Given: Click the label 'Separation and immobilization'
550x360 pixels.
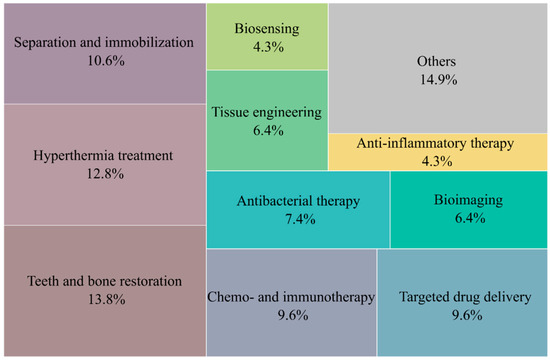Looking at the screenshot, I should pos(102,44).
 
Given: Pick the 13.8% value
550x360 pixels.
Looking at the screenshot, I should pos(102,300).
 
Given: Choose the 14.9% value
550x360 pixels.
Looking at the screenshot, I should pos(437,81).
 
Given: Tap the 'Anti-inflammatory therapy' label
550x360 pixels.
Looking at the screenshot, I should pos(437,143).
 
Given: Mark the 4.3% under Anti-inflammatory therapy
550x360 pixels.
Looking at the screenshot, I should pos(437,161).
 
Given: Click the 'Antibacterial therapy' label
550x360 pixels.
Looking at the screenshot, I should pos(297,200).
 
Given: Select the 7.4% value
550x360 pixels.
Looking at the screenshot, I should pos(297,219).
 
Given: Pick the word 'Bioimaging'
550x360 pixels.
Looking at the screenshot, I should pos(469,200).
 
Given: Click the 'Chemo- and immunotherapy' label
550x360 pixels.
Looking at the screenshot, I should pos(291,297).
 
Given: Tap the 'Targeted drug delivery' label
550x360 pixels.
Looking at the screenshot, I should pos(462,297).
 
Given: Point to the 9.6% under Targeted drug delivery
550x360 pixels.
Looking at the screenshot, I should pos(462,316).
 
